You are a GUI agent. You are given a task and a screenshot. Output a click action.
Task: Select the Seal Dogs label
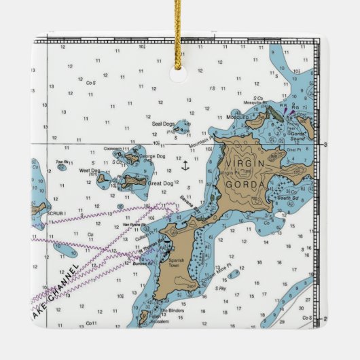coord(163,124)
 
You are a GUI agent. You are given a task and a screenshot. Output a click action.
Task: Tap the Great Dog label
coord(160,183)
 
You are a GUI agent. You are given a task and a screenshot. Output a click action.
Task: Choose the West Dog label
coord(89,170)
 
